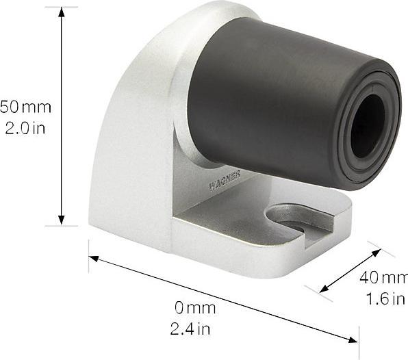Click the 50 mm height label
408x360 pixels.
[x=26, y=107]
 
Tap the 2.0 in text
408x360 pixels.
[x=25, y=127]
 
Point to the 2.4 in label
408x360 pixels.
[x=190, y=329]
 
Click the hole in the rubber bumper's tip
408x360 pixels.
[x=368, y=125]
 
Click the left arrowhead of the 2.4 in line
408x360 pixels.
[x=94, y=259]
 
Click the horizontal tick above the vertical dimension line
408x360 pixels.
[x=62, y=8]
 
